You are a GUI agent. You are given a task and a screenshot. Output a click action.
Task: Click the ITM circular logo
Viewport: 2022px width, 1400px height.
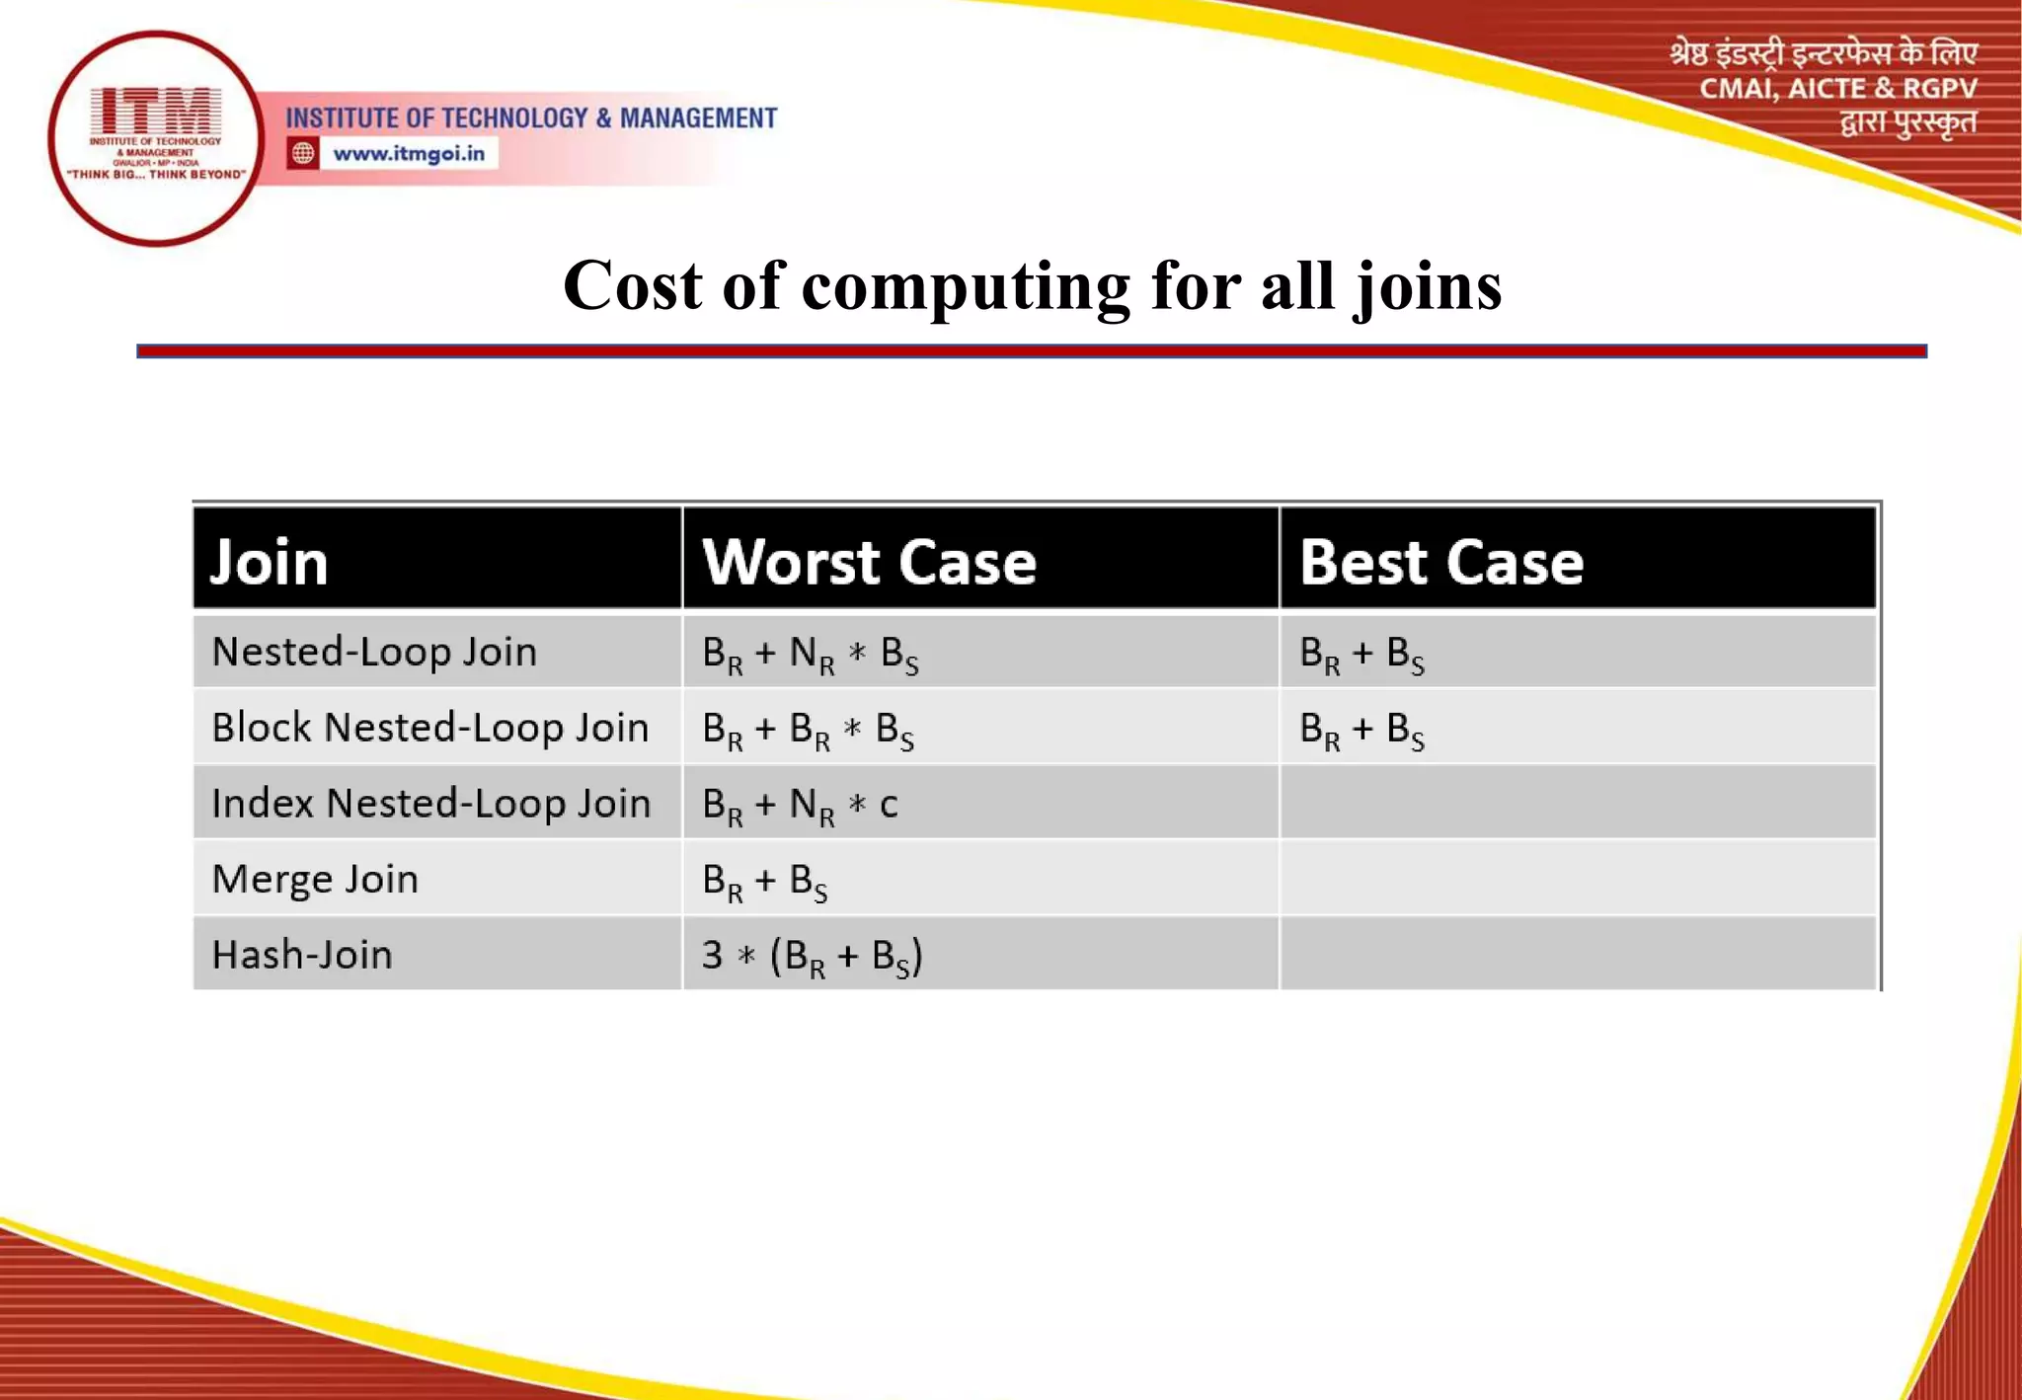point(155,138)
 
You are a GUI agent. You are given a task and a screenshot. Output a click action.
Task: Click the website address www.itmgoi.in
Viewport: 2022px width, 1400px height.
point(409,154)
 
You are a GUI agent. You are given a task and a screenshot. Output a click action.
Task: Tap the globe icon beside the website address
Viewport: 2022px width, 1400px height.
point(303,154)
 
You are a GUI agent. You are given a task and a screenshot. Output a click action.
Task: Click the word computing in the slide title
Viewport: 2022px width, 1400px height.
point(966,287)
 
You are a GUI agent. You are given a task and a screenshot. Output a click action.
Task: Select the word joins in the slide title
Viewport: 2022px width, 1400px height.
point(1428,287)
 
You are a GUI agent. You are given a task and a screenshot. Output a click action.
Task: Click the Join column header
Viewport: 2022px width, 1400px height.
point(269,562)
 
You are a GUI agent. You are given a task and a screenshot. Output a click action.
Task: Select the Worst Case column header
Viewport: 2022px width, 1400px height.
point(869,562)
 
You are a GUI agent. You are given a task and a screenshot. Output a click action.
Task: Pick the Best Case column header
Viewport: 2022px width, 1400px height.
point(1441,562)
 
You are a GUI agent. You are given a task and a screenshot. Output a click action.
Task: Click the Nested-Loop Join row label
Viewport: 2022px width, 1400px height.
point(374,652)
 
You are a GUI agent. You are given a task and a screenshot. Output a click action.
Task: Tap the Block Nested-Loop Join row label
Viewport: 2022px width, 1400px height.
point(430,728)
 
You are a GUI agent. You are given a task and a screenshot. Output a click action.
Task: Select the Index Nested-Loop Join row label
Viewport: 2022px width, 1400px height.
point(431,804)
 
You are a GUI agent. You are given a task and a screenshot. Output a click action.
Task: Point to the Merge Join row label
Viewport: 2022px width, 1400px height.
point(315,879)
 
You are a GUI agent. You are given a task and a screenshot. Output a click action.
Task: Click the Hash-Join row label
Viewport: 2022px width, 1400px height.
point(302,955)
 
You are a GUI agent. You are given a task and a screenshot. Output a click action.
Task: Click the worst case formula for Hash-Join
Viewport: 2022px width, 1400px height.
point(812,956)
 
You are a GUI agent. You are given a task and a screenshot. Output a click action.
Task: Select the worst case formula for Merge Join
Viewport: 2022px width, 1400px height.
point(764,881)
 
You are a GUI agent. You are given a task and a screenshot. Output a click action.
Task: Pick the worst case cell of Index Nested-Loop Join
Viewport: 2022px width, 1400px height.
point(800,805)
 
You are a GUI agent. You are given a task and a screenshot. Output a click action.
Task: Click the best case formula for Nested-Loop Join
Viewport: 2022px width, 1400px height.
point(1361,654)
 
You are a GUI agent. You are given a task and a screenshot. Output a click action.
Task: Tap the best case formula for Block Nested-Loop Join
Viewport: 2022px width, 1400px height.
point(1361,730)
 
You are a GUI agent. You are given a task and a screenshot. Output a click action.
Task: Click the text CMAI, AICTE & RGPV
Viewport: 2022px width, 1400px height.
point(1837,89)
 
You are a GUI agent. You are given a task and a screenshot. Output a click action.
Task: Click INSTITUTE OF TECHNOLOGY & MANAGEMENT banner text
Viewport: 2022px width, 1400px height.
point(531,118)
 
